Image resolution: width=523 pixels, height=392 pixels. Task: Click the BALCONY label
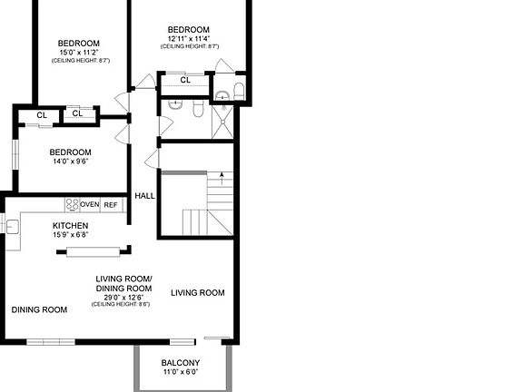[181, 363]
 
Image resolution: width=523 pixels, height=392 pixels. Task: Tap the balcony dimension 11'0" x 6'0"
[181, 372]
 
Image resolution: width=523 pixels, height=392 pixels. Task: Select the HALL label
[144, 196]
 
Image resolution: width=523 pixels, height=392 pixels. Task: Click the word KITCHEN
[70, 226]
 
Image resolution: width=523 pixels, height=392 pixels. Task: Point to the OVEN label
[89, 205]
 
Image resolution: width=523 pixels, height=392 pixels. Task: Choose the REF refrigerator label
[111, 205]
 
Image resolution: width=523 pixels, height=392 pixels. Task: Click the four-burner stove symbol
[72, 205]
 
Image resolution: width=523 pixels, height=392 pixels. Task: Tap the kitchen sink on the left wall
[13, 226]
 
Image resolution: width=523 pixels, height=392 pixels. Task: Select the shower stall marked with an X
[222, 125]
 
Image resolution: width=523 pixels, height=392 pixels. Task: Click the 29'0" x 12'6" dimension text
[123, 296]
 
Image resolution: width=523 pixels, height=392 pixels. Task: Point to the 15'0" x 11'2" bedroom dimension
[79, 53]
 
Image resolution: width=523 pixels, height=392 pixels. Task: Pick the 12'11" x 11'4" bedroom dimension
[188, 38]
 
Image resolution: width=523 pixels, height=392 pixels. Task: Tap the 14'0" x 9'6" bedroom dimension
[70, 162]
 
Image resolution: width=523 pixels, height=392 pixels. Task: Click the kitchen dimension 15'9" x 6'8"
[70, 234]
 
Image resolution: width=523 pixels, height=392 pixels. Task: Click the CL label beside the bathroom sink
[184, 80]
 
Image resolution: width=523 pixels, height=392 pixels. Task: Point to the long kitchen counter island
[97, 249]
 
